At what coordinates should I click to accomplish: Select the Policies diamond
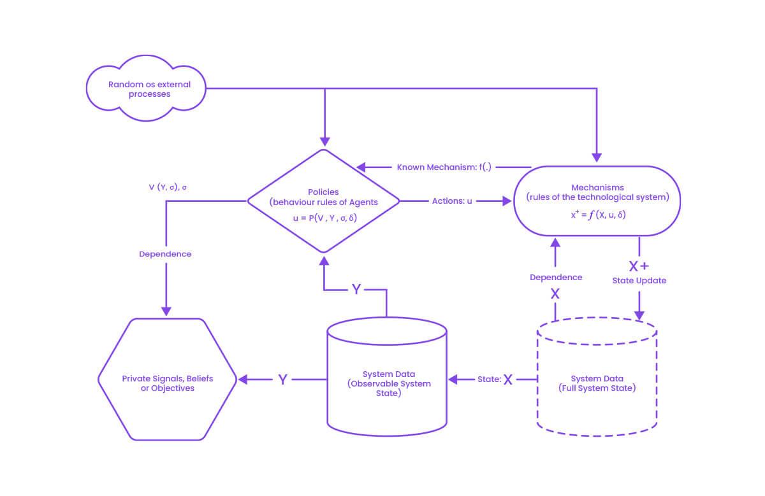pyautogui.click(x=323, y=201)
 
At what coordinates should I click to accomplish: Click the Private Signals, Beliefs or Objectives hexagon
pyautogui.click(x=168, y=379)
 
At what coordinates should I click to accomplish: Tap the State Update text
pyautogui.click(x=639, y=280)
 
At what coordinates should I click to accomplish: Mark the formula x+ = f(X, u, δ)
pyautogui.click(x=597, y=215)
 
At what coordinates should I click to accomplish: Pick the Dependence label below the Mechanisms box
pyautogui.click(x=555, y=277)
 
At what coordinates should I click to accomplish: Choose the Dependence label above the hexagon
pyautogui.click(x=165, y=254)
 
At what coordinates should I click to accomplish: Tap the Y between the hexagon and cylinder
pyautogui.click(x=283, y=379)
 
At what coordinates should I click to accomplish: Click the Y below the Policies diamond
pyautogui.click(x=356, y=290)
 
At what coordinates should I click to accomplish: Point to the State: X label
pyautogui.click(x=495, y=379)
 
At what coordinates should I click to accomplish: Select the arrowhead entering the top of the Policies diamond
pyautogui.click(x=324, y=141)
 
